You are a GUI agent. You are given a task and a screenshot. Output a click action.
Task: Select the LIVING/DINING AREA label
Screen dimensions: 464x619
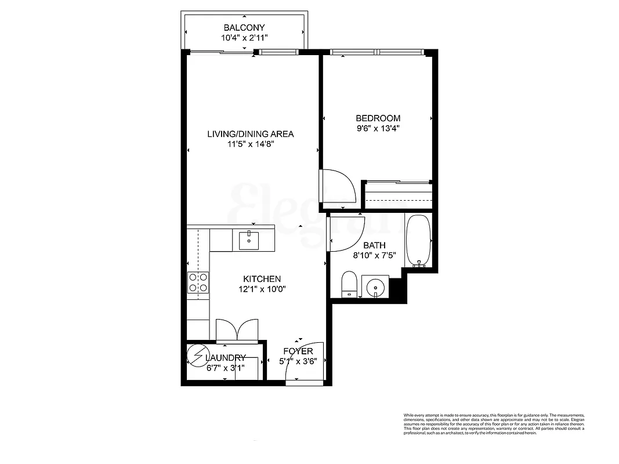(251, 134)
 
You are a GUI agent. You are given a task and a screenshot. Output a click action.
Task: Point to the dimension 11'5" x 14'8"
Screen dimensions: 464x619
(251, 144)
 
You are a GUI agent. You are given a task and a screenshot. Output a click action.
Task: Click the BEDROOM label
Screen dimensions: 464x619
(378, 118)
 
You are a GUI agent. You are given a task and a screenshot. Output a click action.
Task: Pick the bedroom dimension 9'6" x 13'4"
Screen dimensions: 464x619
(378, 129)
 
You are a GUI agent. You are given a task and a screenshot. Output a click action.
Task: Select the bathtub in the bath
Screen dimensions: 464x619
(418, 241)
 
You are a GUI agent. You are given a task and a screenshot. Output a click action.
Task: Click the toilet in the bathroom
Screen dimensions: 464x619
(349, 284)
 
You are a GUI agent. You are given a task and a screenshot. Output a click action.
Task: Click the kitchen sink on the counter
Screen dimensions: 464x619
(249, 240)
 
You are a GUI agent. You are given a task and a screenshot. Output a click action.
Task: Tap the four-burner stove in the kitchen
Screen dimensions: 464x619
(198, 282)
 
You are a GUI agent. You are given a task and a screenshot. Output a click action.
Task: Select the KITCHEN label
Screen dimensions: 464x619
(262, 279)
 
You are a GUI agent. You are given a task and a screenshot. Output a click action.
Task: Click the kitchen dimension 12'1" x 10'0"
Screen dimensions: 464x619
(262, 289)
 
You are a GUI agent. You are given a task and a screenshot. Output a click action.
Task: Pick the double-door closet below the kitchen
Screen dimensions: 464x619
(237, 329)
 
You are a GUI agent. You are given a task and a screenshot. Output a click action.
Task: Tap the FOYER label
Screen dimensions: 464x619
(298, 351)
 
